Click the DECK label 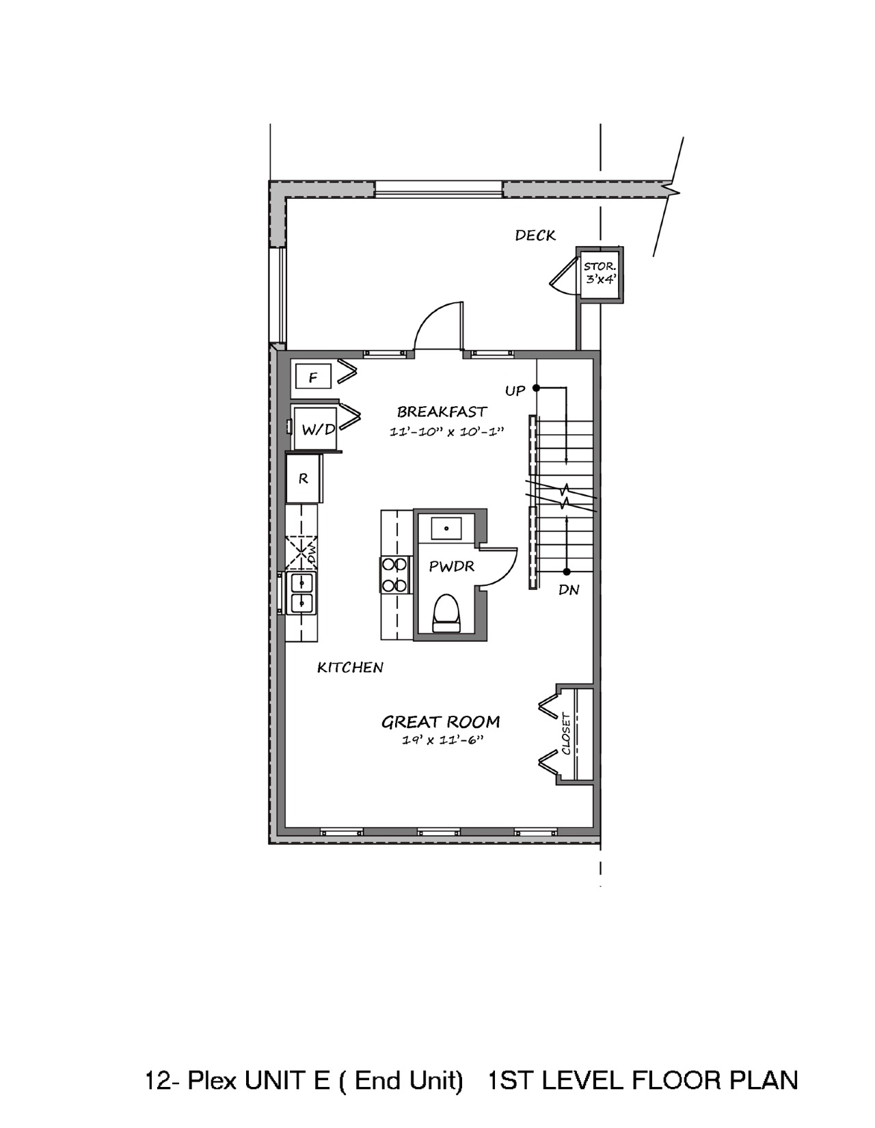coord(535,236)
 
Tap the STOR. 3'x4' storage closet coord(600,274)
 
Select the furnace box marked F coord(313,377)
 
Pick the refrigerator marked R coord(304,479)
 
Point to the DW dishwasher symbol coord(301,553)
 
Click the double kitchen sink coord(301,593)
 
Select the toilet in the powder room coord(447,613)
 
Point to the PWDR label coord(451,566)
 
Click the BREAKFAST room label coord(442,412)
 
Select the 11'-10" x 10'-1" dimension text coord(447,431)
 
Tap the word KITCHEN coord(350,667)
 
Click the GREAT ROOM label coord(441,722)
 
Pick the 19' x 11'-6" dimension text coord(442,740)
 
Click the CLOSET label coord(566,734)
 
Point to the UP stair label coord(515,391)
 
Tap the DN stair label coord(569,590)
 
